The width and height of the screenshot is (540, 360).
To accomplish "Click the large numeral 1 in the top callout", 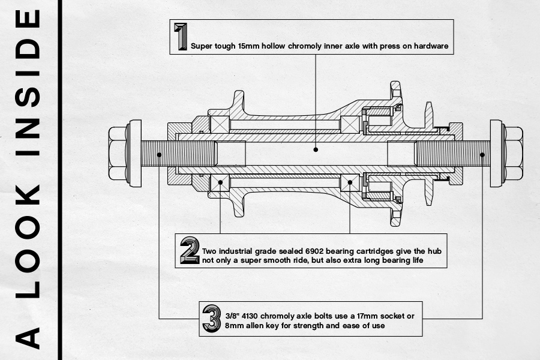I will [x=180, y=37].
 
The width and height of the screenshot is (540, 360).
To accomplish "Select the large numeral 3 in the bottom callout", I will [x=211, y=319].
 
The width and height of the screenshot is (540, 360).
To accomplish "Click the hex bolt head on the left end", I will [x=118, y=154].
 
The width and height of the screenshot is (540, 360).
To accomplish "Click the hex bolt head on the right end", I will [x=512, y=154].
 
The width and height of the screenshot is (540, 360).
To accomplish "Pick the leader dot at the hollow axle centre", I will [x=316, y=148].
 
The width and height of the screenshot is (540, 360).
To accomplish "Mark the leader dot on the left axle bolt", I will [x=159, y=154].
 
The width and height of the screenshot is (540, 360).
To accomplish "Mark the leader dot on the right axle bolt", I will [x=482, y=154].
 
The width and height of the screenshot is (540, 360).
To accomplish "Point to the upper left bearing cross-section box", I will [x=220, y=125].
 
